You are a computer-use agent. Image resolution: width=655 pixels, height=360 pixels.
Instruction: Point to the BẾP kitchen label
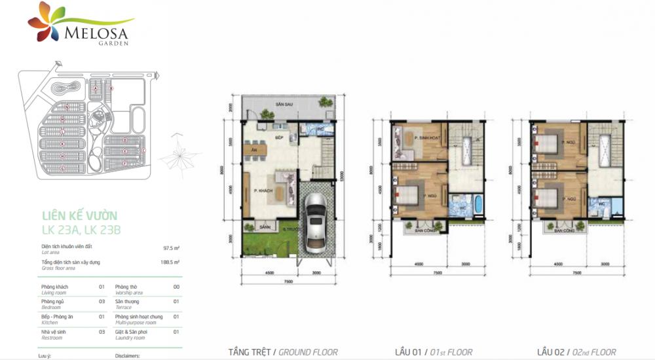[x=278, y=137]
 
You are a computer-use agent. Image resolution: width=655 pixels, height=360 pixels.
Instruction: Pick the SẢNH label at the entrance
[x=265, y=227]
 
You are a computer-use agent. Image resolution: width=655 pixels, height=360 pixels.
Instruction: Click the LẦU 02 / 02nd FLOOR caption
[x=576, y=351]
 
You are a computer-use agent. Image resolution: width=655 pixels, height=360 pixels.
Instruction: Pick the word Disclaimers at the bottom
[x=129, y=357]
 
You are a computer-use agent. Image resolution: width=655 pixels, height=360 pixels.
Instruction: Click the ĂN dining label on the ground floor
[x=253, y=150]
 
